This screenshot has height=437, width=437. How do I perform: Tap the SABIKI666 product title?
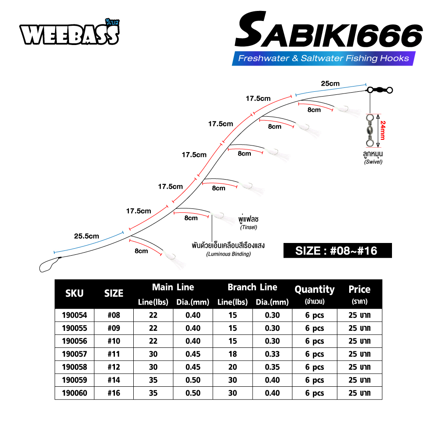(329, 30)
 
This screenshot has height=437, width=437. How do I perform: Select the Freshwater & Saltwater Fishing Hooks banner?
(323, 58)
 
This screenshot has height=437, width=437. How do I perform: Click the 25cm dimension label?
(330, 83)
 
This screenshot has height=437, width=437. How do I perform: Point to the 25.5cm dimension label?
(87, 236)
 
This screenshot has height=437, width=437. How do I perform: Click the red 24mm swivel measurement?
(383, 130)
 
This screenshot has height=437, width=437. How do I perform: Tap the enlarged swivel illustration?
(370, 130)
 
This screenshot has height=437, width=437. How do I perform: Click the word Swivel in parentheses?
(373, 162)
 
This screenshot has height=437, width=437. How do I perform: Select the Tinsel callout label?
(249, 227)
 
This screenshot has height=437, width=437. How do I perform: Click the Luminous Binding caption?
(228, 254)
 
